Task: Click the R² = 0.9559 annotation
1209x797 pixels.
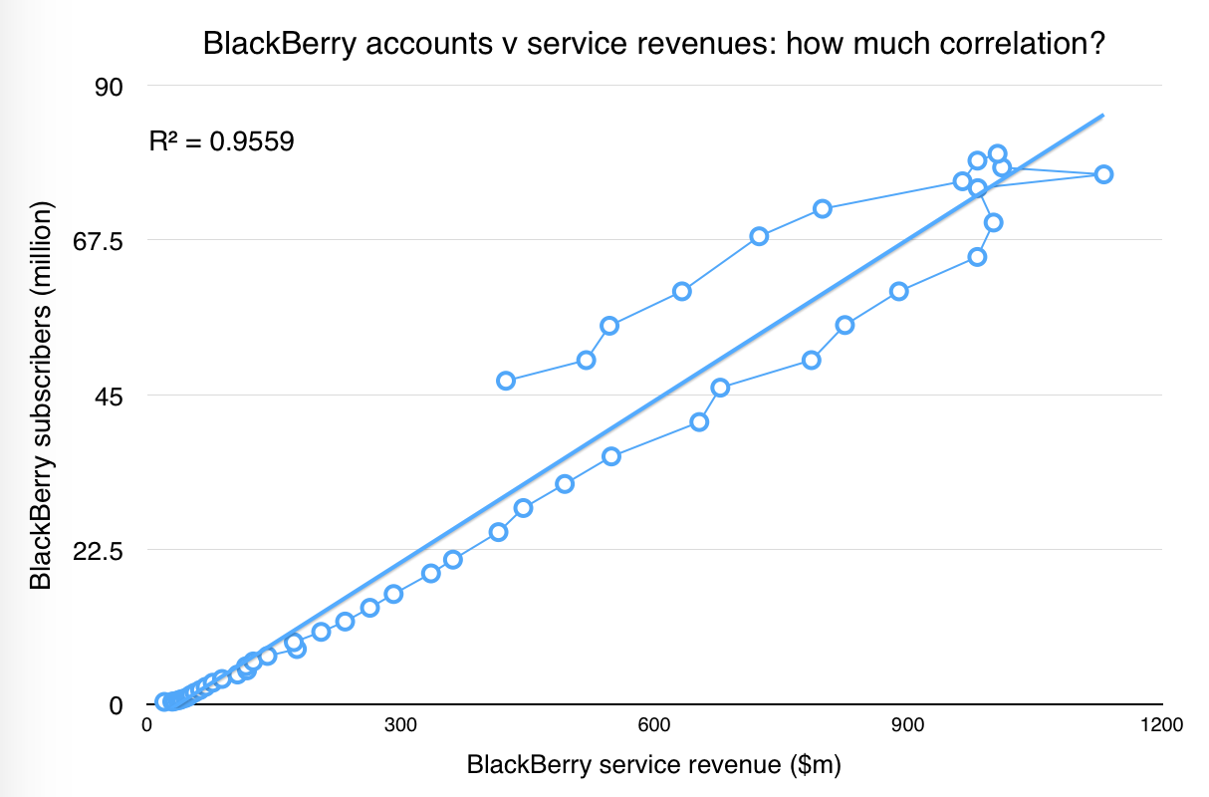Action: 221,141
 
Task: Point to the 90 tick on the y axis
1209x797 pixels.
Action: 108,87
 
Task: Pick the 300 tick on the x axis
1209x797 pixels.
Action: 400,726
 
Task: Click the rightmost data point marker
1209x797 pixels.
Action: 1103,174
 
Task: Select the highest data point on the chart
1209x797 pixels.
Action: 997,153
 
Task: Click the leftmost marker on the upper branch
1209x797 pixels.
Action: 506,381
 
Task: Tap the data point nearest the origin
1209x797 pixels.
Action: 163,701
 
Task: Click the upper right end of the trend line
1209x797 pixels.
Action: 1102,116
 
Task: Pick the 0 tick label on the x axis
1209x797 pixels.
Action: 146,726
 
